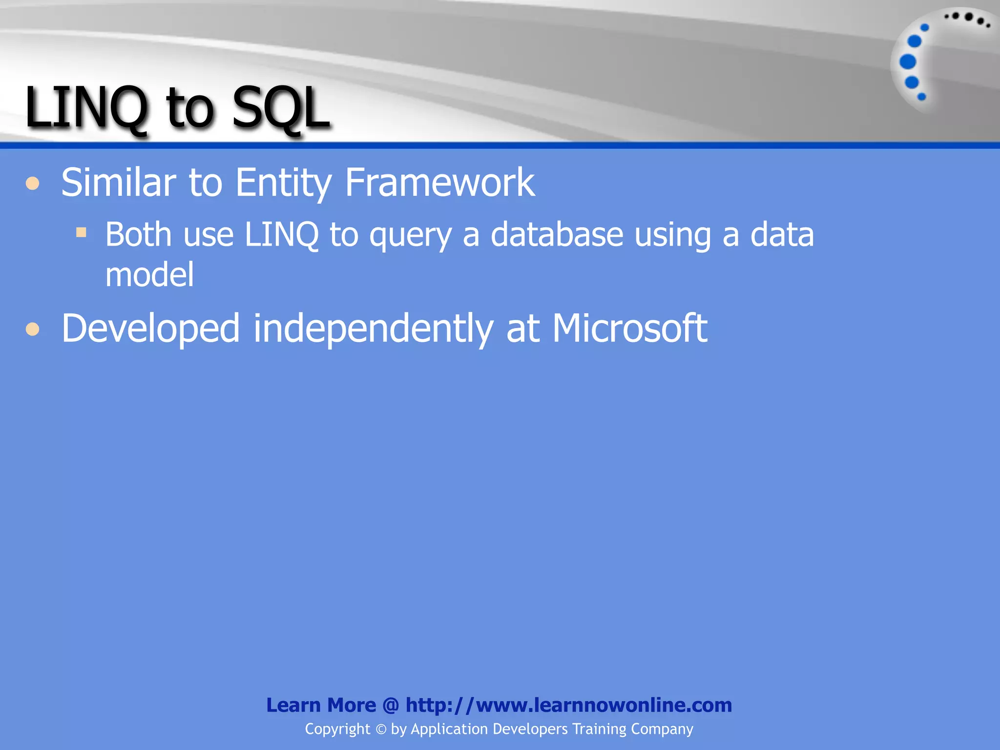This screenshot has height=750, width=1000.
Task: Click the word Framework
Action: coord(439,182)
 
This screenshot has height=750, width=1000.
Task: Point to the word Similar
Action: coord(118,182)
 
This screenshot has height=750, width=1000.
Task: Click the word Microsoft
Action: coord(629,328)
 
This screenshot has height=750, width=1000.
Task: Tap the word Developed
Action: coord(150,328)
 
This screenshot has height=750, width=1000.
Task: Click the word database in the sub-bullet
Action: coord(557,234)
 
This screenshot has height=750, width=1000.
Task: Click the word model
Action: coord(149,274)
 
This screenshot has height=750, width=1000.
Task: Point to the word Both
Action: coord(139,234)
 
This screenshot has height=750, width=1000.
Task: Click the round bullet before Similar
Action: coord(33,184)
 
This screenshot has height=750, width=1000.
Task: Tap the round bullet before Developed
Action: coord(33,329)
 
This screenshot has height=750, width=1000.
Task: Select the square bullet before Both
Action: coord(81,232)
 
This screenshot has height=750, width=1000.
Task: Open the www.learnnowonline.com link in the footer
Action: coord(568,705)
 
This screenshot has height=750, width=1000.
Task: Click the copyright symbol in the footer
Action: coord(380,729)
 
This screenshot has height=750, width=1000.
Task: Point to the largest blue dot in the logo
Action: coord(908,62)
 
